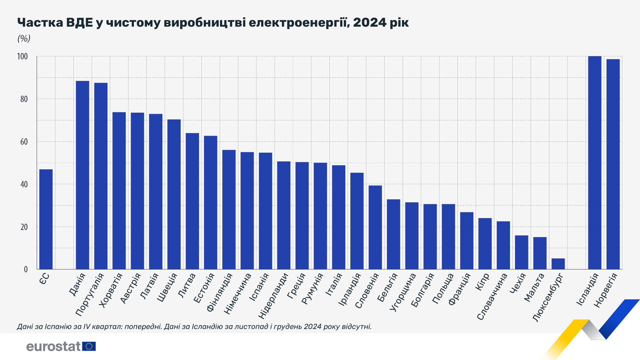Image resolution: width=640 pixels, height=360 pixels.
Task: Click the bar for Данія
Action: click(x=82, y=175)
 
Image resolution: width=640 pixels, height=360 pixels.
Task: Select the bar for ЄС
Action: click(x=46, y=219)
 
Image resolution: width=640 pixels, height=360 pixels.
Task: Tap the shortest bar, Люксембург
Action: click(x=558, y=264)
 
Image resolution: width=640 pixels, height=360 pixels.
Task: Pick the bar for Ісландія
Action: click(x=594, y=163)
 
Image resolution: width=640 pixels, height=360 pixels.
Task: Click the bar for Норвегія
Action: click(x=613, y=164)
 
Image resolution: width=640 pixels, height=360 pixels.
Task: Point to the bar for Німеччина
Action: click(x=247, y=211)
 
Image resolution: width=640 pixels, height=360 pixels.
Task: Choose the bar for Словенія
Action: click(x=375, y=227)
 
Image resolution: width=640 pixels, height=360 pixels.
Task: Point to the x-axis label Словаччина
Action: click(x=492, y=296)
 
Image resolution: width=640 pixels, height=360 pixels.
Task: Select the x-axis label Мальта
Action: click(x=534, y=287)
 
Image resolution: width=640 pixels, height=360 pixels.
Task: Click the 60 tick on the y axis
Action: click(x=24, y=142)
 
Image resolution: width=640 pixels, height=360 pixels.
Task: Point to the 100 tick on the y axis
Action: click(x=22, y=56)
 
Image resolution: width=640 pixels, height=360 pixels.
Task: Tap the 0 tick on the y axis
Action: click(x=26, y=269)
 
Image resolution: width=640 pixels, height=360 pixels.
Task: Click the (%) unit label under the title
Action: click(x=24, y=39)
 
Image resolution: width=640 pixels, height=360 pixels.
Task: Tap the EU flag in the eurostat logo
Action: click(x=89, y=346)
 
